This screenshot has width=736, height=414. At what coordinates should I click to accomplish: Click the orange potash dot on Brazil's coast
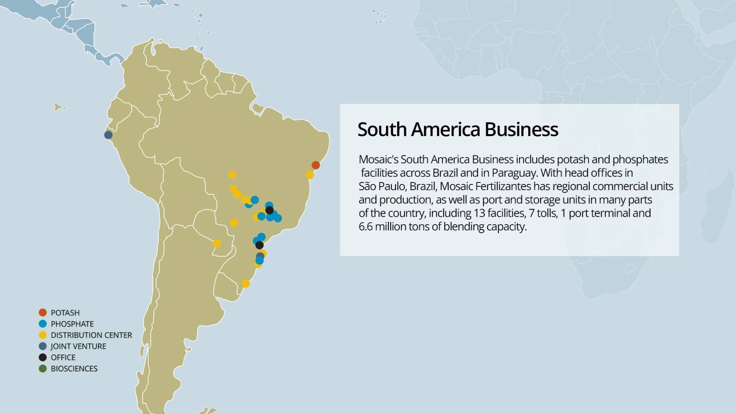(x=316, y=165)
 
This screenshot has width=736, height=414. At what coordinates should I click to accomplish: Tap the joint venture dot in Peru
(x=108, y=135)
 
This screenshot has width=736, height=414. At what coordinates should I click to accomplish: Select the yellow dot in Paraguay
(x=217, y=244)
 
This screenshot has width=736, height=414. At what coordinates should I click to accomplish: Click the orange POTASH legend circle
(x=43, y=312)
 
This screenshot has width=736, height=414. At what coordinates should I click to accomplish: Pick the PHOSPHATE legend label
(x=72, y=324)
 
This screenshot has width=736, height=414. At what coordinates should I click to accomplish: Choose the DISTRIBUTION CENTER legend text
(x=91, y=335)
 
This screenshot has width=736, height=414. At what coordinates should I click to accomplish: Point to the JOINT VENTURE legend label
(x=78, y=346)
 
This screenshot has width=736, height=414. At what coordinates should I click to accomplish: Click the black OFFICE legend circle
(x=43, y=358)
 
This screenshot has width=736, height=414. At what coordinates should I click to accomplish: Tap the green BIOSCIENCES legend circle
(x=43, y=369)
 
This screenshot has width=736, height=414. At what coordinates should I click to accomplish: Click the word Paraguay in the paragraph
(x=514, y=173)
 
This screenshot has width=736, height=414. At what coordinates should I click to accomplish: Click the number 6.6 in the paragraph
(x=365, y=227)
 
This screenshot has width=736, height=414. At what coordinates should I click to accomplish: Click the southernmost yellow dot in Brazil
(x=246, y=284)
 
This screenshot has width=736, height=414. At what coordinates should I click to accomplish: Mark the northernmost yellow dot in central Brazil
(x=232, y=175)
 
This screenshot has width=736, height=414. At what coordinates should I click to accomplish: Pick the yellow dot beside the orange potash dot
(x=310, y=175)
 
